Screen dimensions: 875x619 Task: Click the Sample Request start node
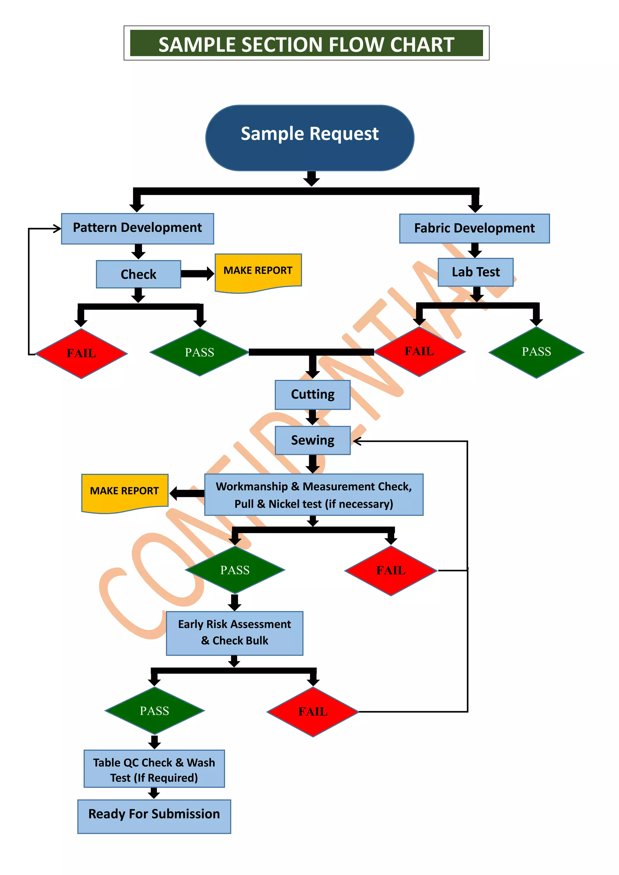[x=309, y=138]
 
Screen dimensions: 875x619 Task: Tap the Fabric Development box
[x=474, y=228]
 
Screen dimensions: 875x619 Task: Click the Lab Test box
[x=475, y=272]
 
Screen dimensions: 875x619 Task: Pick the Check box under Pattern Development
[x=138, y=274]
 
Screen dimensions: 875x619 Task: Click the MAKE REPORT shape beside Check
[x=258, y=271]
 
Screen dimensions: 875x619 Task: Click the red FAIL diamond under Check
[x=81, y=353]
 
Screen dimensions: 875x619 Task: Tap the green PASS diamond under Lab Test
[x=536, y=352]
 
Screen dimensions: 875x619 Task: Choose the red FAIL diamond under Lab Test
[x=419, y=352]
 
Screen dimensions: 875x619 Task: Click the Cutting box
[x=313, y=394]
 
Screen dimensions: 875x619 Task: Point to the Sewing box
[x=313, y=440]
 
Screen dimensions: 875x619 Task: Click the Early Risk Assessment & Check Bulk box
[x=235, y=633]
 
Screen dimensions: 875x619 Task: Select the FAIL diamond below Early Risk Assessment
[x=313, y=711]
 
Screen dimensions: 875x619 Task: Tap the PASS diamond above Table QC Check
[x=154, y=711]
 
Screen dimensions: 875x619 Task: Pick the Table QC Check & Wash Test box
[x=154, y=769]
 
